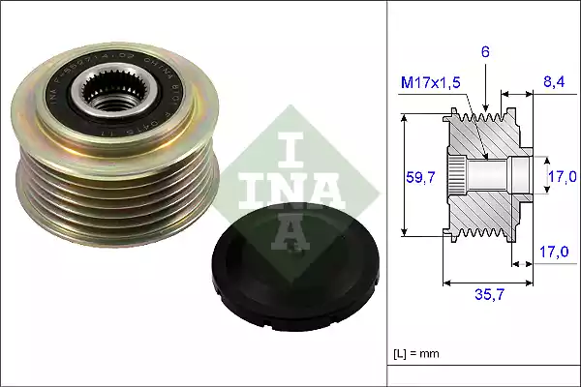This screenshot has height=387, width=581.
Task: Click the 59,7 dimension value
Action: pyautogui.click(x=419, y=177)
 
